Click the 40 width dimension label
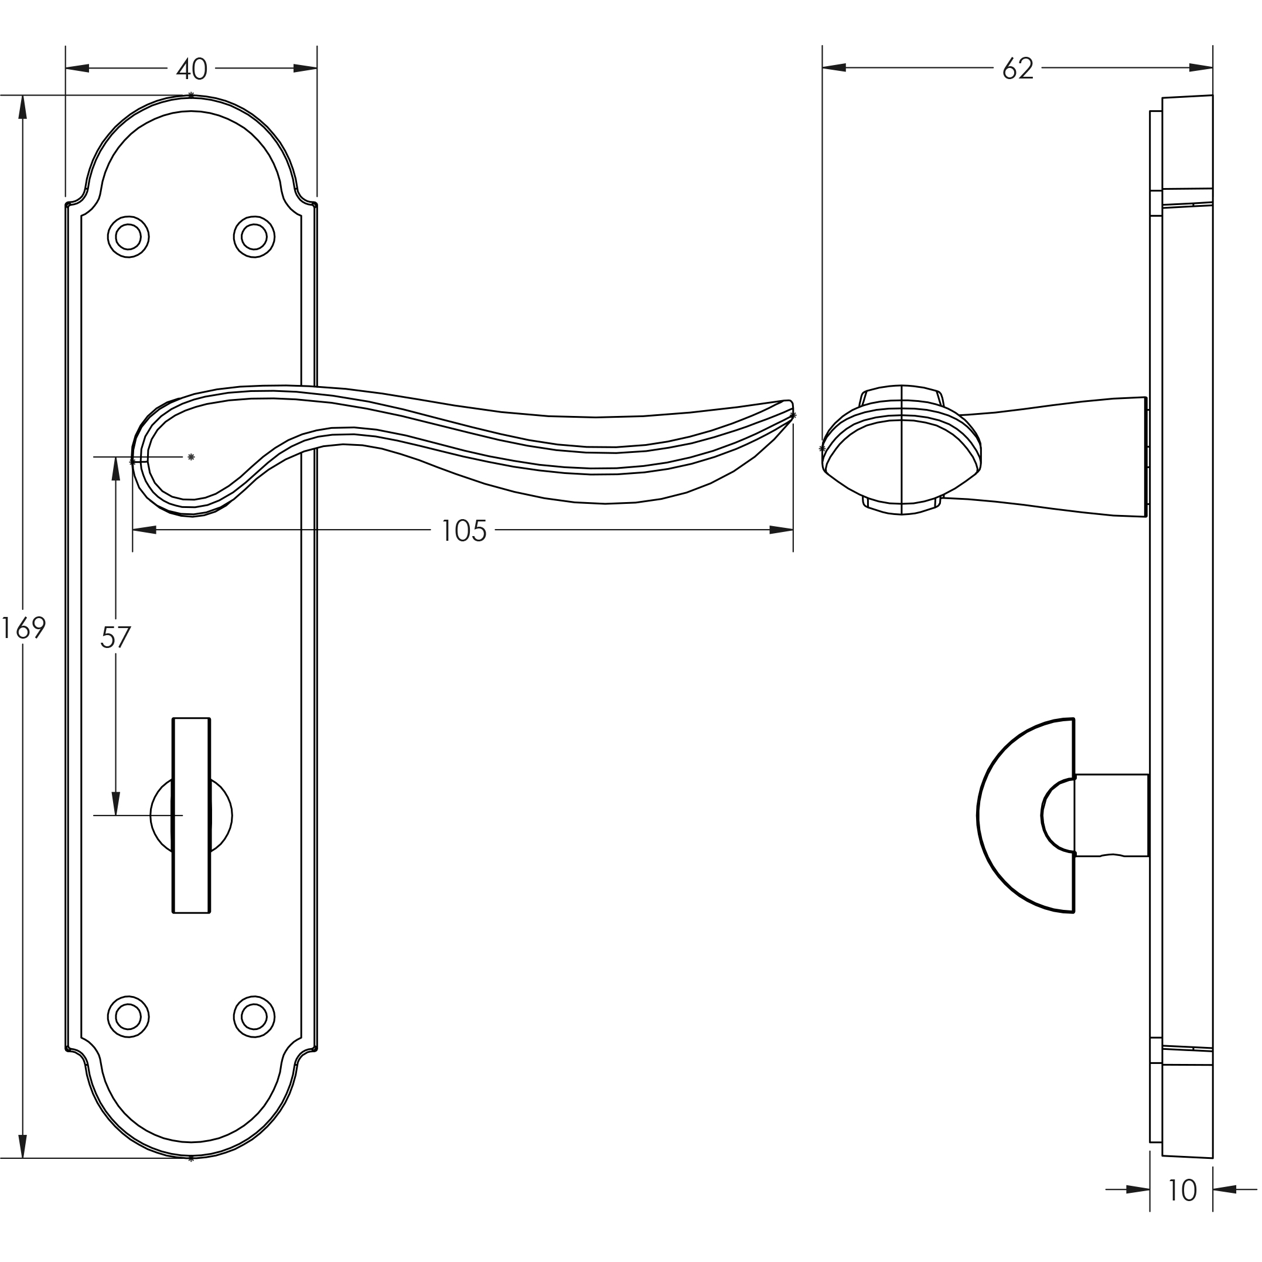point(192,69)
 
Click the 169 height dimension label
point(23,629)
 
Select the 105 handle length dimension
point(464,530)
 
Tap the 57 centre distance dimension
point(115,637)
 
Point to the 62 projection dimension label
point(1018,69)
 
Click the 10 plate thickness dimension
point(1181,1191)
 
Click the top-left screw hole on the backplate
point(128,237)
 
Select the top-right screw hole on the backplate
point(254,237)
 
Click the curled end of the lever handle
point(157,457)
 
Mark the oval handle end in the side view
point(902,451)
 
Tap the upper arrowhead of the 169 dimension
point(23,108)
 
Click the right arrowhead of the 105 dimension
point(781,530)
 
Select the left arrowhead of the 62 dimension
point(834,67)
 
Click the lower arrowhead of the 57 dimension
point(115,803)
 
